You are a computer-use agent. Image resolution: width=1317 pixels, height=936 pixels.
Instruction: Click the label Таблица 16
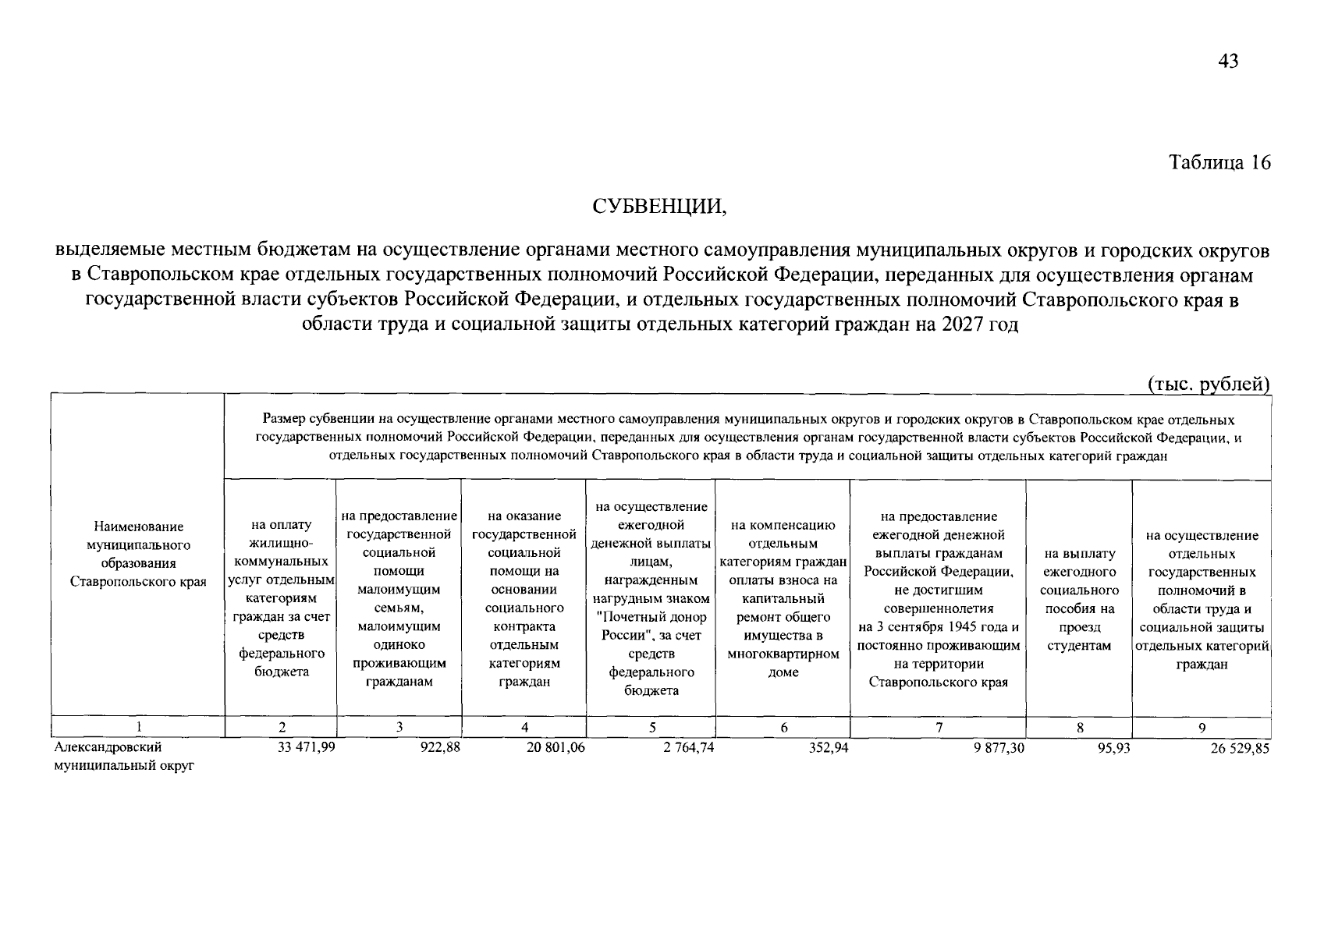point(1219,162)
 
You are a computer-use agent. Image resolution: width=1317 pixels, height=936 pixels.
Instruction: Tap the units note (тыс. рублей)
point(1209,383)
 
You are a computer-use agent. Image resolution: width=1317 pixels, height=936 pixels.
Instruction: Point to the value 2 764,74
point(684,747)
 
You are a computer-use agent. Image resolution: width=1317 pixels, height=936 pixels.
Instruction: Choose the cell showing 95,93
point(1113,747)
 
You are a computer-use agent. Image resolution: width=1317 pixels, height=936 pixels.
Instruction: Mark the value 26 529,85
point(1240,747)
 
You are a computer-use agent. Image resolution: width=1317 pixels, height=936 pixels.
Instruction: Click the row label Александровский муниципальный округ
point(122,756)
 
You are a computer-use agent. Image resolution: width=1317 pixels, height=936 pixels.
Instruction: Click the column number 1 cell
point(138,728)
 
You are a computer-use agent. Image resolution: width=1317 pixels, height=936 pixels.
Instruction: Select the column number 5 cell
point(651,728)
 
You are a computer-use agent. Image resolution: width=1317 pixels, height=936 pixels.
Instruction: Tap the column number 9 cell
point(1202,728)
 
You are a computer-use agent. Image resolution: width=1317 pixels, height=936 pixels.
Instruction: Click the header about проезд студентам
point(1079,599)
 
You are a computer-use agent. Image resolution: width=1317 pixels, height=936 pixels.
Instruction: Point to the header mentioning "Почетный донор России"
point(651,599)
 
